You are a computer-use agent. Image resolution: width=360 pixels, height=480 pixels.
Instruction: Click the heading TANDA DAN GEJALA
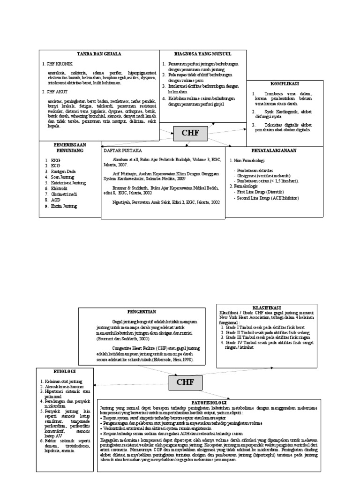(99, 54)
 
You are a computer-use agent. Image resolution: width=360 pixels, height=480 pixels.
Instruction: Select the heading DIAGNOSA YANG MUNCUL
(196, 54)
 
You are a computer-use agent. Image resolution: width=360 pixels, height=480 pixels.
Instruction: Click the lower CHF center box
(185, 382)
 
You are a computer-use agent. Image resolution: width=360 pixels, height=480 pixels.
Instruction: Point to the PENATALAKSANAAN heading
(275, 150)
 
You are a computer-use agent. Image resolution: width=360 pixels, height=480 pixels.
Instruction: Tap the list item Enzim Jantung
(64, 206)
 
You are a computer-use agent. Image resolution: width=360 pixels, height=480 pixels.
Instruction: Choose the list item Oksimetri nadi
(66, 194)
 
